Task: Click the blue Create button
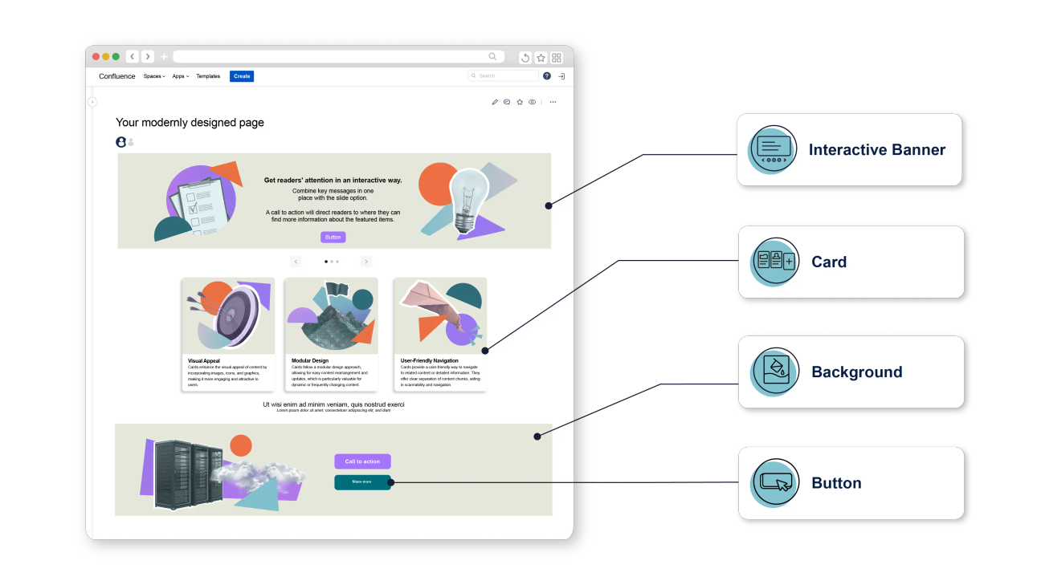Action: [x=242, y=76]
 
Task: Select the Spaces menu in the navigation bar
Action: [x=154, y=76]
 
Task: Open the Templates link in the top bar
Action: [x=208, y=76]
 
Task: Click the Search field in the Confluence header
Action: [x=504, y=76]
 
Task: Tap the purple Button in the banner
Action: [x=333, y=237]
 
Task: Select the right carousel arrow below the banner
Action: [x=366, y=262]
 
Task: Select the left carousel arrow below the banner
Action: [x=296, y=262]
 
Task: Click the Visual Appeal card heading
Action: [x=204, y=361]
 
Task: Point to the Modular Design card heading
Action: [x=310, y=361]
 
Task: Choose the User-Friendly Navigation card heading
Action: [x=430, y=361]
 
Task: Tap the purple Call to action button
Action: [x=362, y=461]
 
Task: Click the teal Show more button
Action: [x=362, y=481]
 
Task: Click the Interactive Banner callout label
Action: [x=876, y=150]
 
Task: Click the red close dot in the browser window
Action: [x=96, y=57]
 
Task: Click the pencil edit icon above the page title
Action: [x=495, y=102]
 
